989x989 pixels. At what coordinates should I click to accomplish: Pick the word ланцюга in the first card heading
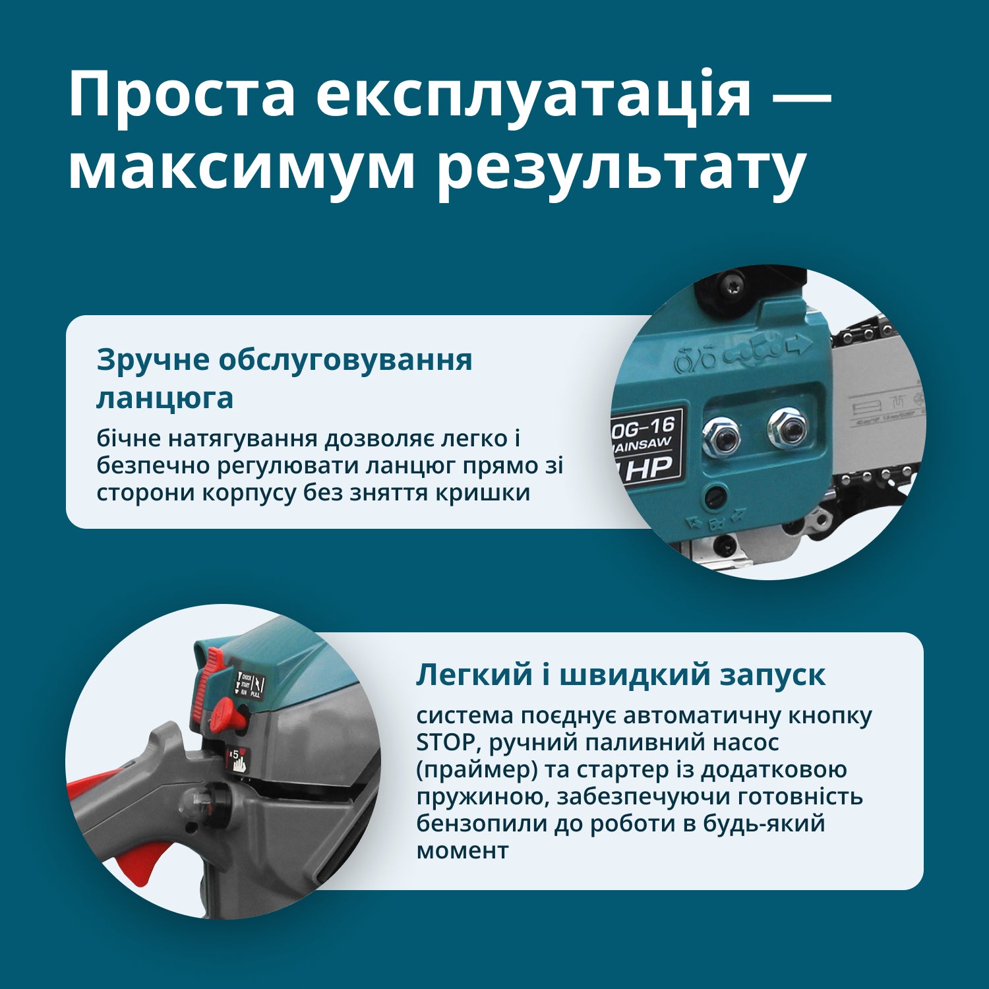165,398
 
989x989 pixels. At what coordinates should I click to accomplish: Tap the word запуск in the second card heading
772,674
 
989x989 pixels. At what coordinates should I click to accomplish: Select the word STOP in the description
446,742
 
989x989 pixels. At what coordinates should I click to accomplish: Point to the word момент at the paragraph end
462,851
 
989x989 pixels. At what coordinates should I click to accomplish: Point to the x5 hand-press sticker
237,760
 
